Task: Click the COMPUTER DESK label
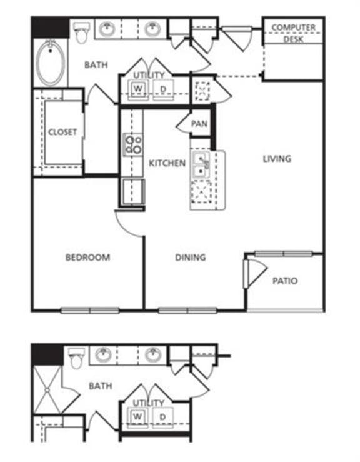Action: pos(292,33)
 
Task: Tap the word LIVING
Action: pos(276,159)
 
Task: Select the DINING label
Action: pos(191,257)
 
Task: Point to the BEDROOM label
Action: pos(87,257)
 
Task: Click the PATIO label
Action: pos(284,281)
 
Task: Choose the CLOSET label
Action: pos(62,132)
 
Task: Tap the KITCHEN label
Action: pos(167,163)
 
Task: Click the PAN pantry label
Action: pos(199,124)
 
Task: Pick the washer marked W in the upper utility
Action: pos(138,89)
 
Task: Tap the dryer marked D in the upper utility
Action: pos(164,89)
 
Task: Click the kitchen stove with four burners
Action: pos(133,145)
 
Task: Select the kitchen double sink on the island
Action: pos(201,164)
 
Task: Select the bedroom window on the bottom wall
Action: pos(90,310)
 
